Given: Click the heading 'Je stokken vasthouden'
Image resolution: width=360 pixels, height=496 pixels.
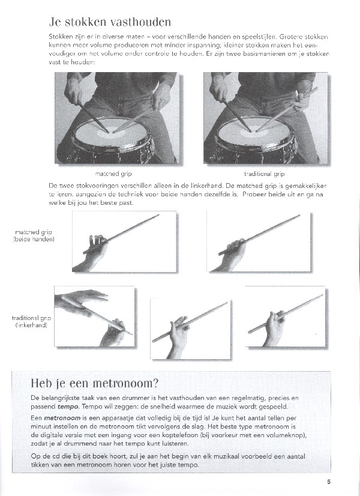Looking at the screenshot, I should pos(110,23).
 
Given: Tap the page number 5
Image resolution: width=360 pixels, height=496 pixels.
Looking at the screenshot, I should pos(329,480).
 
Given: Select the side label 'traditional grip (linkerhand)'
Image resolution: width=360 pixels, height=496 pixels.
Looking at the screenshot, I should pos(34,321).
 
